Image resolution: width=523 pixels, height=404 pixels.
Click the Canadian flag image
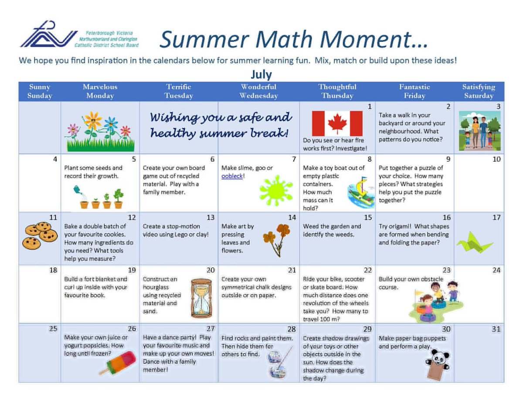click(337, 124)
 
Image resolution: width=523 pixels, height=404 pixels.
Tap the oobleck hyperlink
click(232, 176)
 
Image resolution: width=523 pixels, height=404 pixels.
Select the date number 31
click(496, 329)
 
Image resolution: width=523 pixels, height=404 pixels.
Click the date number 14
click(292, 217)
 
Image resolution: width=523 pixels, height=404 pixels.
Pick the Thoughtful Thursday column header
click(337, 92)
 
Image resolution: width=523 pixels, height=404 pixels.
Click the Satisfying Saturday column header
click(479, 92)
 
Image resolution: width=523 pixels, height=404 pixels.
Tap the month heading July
click(261, 75)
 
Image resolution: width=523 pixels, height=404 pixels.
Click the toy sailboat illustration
click(361, 191)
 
